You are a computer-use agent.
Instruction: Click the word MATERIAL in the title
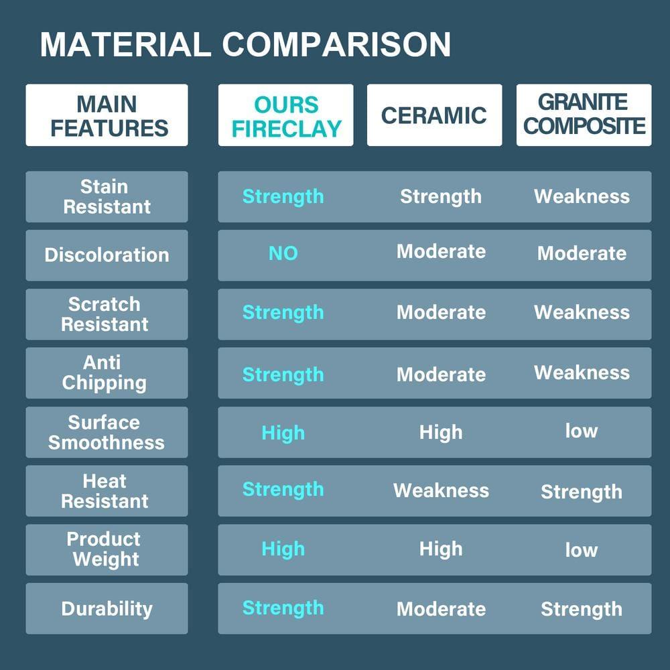125,44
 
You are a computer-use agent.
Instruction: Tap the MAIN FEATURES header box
107,115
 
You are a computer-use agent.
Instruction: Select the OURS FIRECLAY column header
286,115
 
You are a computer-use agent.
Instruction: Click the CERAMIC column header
435,115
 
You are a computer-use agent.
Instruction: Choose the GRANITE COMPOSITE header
584,115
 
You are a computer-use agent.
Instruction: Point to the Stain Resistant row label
107,196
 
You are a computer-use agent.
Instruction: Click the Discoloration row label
107,255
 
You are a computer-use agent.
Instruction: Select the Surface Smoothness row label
107,432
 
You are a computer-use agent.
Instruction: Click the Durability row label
107,608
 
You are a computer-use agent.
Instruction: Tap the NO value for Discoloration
283,253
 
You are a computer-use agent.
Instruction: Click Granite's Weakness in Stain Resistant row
582,196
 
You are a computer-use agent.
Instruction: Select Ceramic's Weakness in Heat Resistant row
442,490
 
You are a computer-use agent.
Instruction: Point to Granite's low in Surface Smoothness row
582,431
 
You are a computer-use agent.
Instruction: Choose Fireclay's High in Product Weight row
283,549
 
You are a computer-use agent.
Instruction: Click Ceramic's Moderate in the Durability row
442,609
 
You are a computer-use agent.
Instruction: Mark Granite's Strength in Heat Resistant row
582,492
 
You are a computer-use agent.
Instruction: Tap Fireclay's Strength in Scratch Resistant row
283,312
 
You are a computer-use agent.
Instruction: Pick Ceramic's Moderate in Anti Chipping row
442,375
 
